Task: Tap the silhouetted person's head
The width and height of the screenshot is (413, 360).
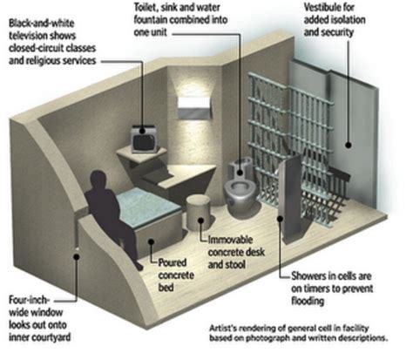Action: pos(98,180)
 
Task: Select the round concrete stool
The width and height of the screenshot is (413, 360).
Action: pos(198,213)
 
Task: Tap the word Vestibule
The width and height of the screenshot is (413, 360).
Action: pos(329,7)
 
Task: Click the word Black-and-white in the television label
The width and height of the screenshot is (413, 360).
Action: pos(42,23)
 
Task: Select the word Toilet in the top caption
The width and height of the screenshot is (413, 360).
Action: pos(146,8)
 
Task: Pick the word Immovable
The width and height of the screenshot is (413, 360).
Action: pos(230,240)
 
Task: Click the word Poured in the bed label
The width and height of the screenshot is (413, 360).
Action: pos(173,263)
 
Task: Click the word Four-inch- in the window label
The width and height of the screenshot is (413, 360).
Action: pos(30,300)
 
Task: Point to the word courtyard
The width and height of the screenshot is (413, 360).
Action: pos(51,337)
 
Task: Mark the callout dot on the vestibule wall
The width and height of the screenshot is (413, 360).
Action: pos(349,145)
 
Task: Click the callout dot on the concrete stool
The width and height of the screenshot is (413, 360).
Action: pos(200,221)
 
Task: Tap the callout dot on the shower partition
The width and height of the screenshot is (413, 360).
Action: pos(281,218)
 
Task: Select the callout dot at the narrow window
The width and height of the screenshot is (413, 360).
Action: pos(77,257)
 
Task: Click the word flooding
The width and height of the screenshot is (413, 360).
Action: pos(308,301)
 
